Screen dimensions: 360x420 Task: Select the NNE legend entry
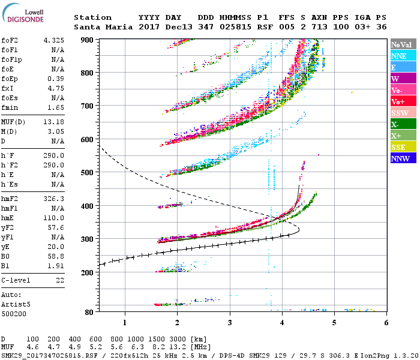click(399, 56)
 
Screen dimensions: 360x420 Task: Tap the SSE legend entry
click(399, 148)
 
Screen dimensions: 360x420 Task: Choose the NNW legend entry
click(400, 159)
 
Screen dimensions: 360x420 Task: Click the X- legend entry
click(396, 125)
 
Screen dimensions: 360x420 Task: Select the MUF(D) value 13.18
click(55, 122)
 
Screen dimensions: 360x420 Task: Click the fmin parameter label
click(10, 107)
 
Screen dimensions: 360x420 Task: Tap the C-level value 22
click(60, 280)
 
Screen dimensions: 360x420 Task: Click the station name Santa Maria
click(99, 27)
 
